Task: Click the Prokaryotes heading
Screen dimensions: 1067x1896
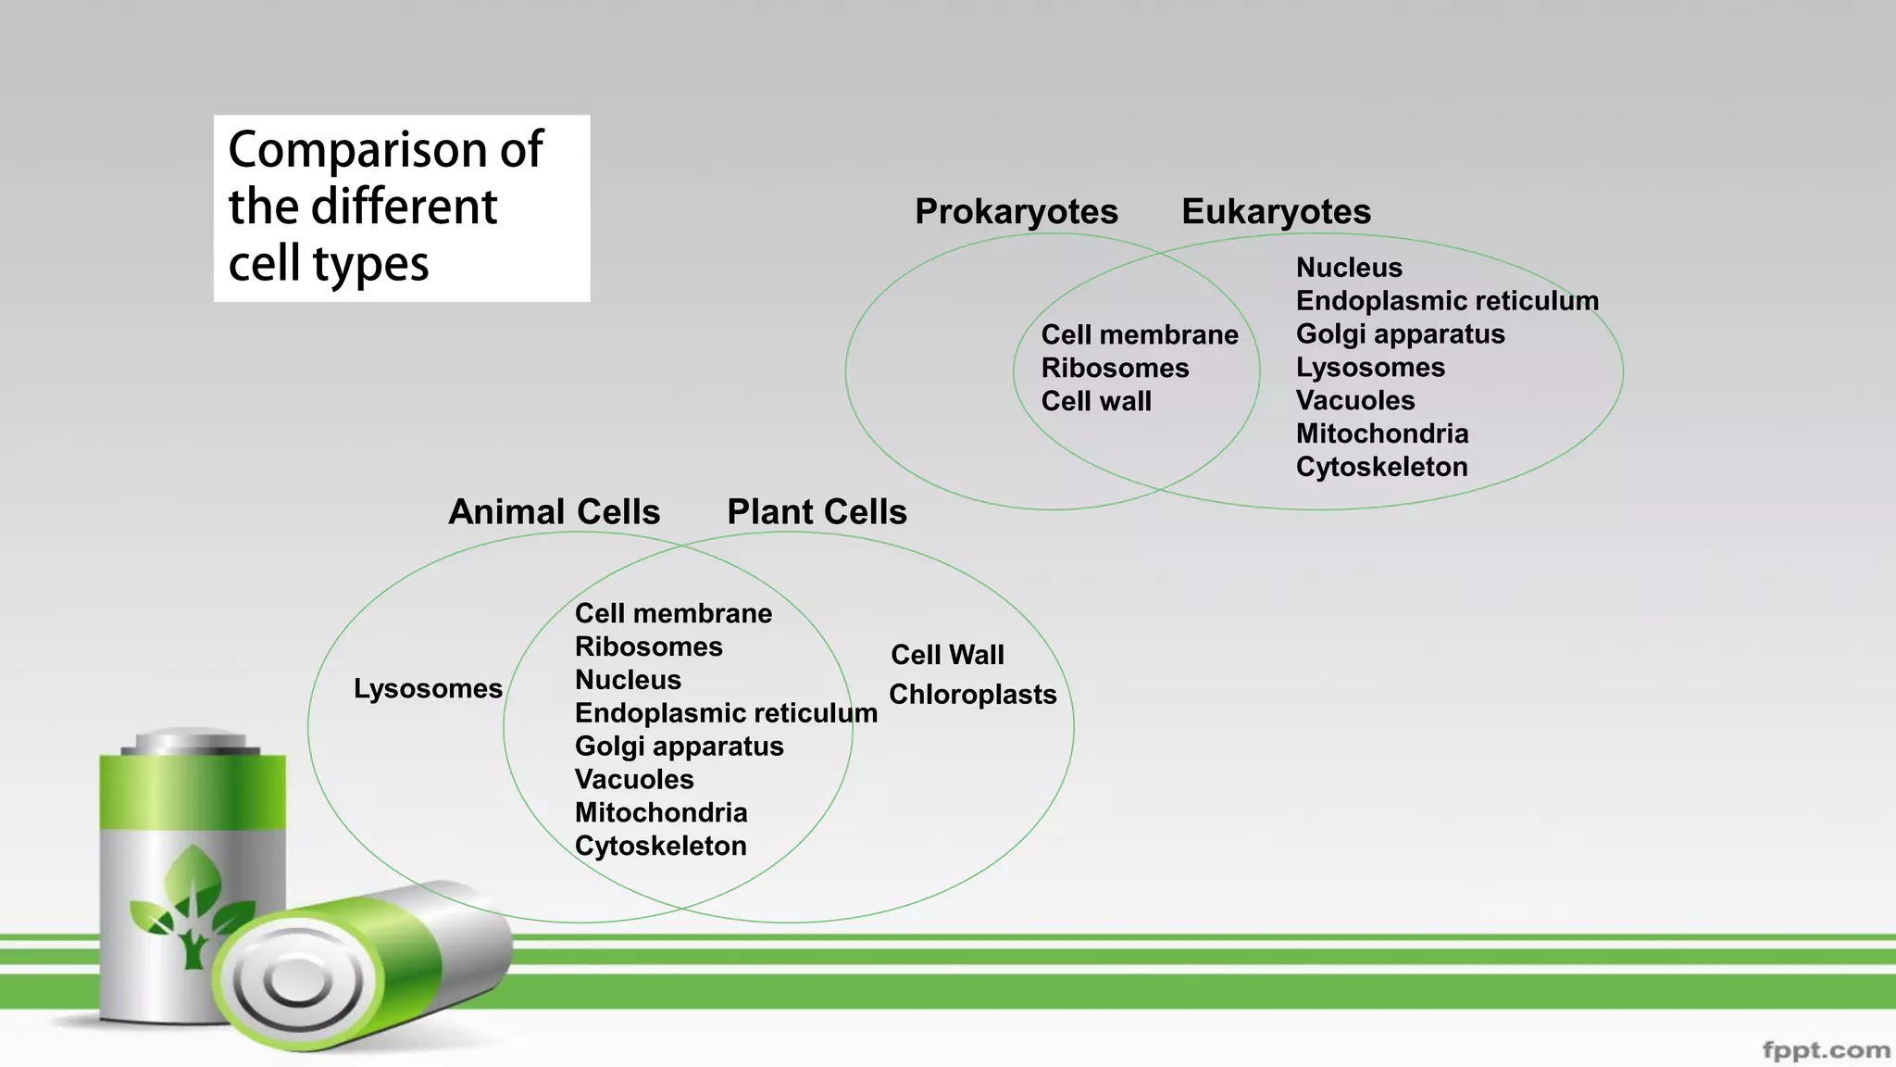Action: click(1016, 212)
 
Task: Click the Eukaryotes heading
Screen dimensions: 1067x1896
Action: click(1276, 212)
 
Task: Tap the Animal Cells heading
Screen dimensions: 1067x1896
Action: click(554, 512)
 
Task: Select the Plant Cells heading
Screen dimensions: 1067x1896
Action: click(817, 512)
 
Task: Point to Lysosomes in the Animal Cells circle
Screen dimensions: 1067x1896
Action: click(428, 689)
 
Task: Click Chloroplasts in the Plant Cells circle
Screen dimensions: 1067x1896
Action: click(972, 695)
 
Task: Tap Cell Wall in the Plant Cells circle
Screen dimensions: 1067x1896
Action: click(947, 655)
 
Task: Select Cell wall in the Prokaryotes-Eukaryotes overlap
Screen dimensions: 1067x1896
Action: click(1096, 402)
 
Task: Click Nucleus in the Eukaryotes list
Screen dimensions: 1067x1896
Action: click(1349, 268)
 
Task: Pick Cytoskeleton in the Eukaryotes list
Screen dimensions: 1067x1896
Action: click(1381, 467)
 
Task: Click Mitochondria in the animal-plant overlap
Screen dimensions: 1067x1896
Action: click(661, 813)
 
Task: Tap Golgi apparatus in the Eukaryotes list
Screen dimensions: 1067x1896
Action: click(1400, 334)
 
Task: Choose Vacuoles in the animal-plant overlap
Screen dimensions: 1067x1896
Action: click(634, 780)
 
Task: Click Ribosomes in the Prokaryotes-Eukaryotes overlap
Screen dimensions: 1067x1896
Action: click(1115, 369)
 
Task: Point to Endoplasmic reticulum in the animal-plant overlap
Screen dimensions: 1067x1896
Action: click(726, 713)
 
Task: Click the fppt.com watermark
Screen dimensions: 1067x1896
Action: click(1826, 1050)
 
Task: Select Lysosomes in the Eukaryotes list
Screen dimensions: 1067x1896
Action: click(1370, 368)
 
